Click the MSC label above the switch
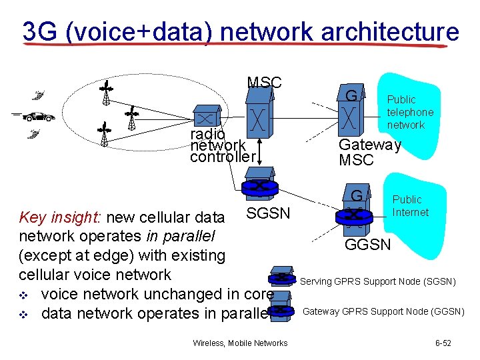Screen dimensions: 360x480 [265, 83]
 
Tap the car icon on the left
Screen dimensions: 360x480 [39, 117]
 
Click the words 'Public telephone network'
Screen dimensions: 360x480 [410, 112]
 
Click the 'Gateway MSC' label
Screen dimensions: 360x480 [369, 153]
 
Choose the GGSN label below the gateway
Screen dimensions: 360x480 [367, 245]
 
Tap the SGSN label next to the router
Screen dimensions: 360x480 [268, 213]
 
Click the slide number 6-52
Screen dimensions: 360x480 [443, 343]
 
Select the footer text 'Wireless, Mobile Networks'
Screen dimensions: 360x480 [240, 343]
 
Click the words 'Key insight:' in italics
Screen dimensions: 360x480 [61, 217]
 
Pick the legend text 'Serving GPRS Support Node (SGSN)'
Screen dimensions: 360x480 [378, 281]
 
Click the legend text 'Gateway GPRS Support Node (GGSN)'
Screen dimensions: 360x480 [383, 311]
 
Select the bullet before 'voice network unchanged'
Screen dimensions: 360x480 [25, 294]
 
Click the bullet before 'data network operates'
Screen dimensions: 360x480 [25, 313]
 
